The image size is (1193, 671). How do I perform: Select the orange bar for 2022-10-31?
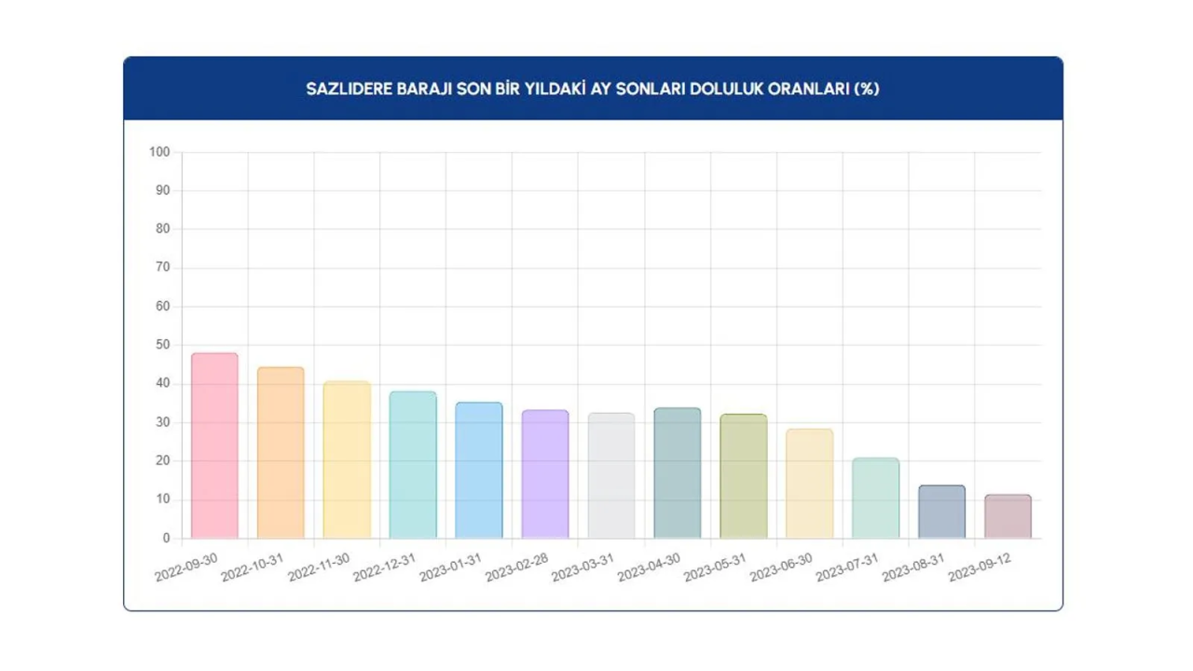(281, 453)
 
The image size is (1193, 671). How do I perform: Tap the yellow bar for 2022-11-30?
(347, 459)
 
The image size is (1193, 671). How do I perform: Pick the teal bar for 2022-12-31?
(413, 465)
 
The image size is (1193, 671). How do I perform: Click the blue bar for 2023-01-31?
(479, 471)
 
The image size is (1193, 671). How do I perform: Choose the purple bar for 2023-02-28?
(545, 474)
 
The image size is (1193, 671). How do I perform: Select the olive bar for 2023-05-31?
(744, 476)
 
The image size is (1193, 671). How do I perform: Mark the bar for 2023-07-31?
(876, 498)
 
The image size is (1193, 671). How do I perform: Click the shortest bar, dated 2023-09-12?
(1008, 516)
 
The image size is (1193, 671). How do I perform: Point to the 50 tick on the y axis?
(163, 345)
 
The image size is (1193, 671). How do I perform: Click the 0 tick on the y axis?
(167, 538)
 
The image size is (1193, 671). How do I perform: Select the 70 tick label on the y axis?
(163, 267)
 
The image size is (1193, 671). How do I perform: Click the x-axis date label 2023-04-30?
(650, 567)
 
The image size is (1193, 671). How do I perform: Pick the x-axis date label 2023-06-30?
(782, 567)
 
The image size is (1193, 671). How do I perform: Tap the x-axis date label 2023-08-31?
(914, 567)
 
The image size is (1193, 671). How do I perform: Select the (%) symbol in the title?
(867, 89)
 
